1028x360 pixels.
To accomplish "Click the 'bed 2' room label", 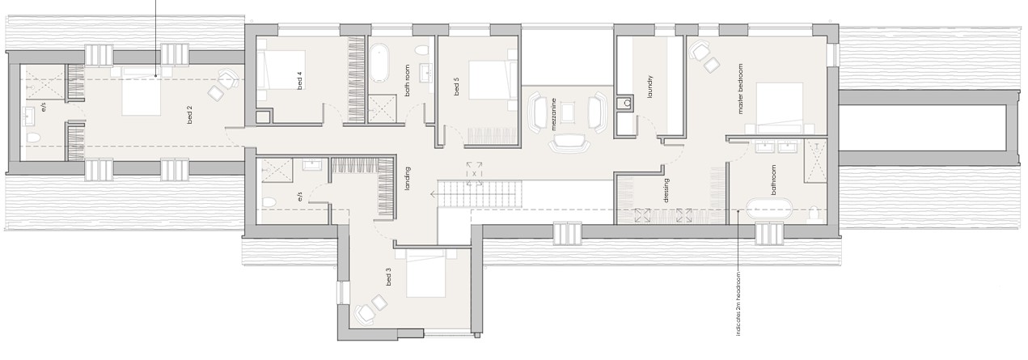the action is point(189,115).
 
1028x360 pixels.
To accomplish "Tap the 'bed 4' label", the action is point(299,80).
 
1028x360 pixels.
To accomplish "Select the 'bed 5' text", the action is point(456,87).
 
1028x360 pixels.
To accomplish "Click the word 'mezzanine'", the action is point(554,115).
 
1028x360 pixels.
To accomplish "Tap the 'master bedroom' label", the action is point(739,89).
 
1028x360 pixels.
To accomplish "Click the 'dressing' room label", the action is point(666,190).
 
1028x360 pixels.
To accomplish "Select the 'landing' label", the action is point(407,178).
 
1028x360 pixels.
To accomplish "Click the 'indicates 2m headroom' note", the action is point(738,303).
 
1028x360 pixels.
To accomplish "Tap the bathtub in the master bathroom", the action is point(769,208).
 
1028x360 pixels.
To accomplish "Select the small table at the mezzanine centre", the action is point(568,112).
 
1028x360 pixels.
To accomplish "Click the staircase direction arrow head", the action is point(433,194).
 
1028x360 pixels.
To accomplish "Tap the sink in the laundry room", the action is point(624,104).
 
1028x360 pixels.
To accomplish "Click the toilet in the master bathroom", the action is point(813,213).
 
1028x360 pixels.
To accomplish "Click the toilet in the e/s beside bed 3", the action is point(269,202).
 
